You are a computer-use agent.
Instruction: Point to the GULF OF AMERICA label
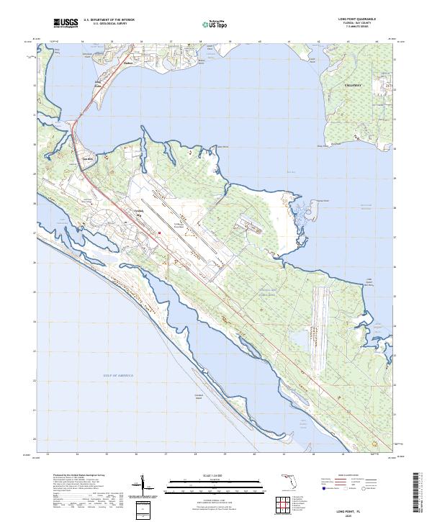click(x=119, y=376)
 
